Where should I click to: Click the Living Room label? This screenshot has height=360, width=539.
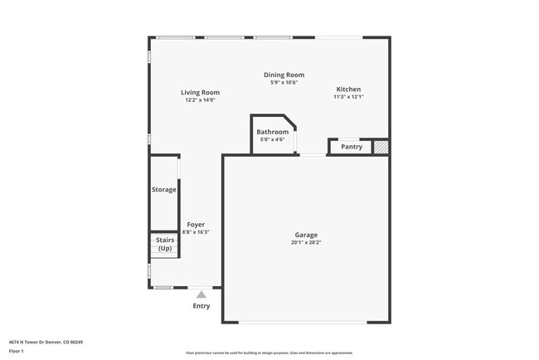coord(200,92)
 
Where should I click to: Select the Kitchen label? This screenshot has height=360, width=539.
coord(348,89)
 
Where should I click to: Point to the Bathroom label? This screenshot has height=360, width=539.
coord(272,132)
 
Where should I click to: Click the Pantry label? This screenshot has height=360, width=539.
coord(352,147)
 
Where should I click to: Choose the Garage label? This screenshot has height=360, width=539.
coord(305,235)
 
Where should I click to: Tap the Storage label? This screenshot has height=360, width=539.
coord(163,189)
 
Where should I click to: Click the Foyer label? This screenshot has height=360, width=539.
coord(196,224)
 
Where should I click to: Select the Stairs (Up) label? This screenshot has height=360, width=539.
coord(165,244)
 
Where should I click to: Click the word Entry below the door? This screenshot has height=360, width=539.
coord(202,306)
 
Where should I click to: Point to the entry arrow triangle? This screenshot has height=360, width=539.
coord(201,293)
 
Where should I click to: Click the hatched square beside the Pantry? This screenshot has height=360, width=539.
coord(380,147)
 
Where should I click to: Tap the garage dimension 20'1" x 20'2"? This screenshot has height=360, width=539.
coord(305,243)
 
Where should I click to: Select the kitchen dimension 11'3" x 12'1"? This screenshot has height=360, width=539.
coord(348,97)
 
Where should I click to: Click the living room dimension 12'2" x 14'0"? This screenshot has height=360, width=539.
coord(200,100)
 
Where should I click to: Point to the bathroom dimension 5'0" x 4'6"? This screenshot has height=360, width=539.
coord(272,139)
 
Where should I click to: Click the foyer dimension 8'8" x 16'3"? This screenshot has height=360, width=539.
coord(196,232)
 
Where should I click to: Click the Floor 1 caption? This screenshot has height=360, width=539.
coord(17,351)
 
